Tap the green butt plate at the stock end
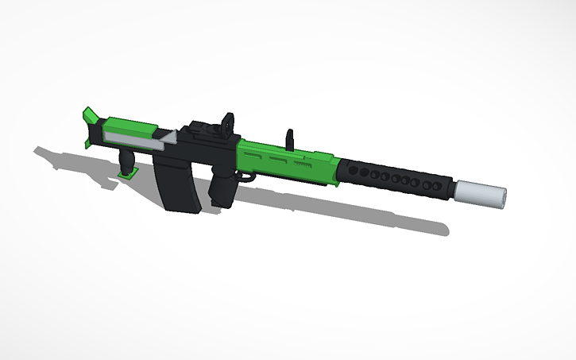pyautogui.click(x=89, y=126)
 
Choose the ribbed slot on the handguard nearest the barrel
pyautogui.click(x=303, y=161)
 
